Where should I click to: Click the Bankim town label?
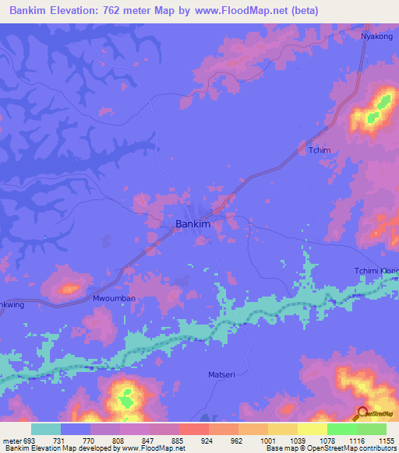pos(193,224)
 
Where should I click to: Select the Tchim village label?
pos(320,150)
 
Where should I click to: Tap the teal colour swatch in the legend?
pos(46,429)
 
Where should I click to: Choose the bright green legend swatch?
pos(341,429)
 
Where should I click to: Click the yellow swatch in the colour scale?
pos(312,429)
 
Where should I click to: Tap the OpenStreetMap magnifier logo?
pos(363,414)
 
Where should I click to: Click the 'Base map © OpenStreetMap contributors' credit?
pos(330,448)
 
